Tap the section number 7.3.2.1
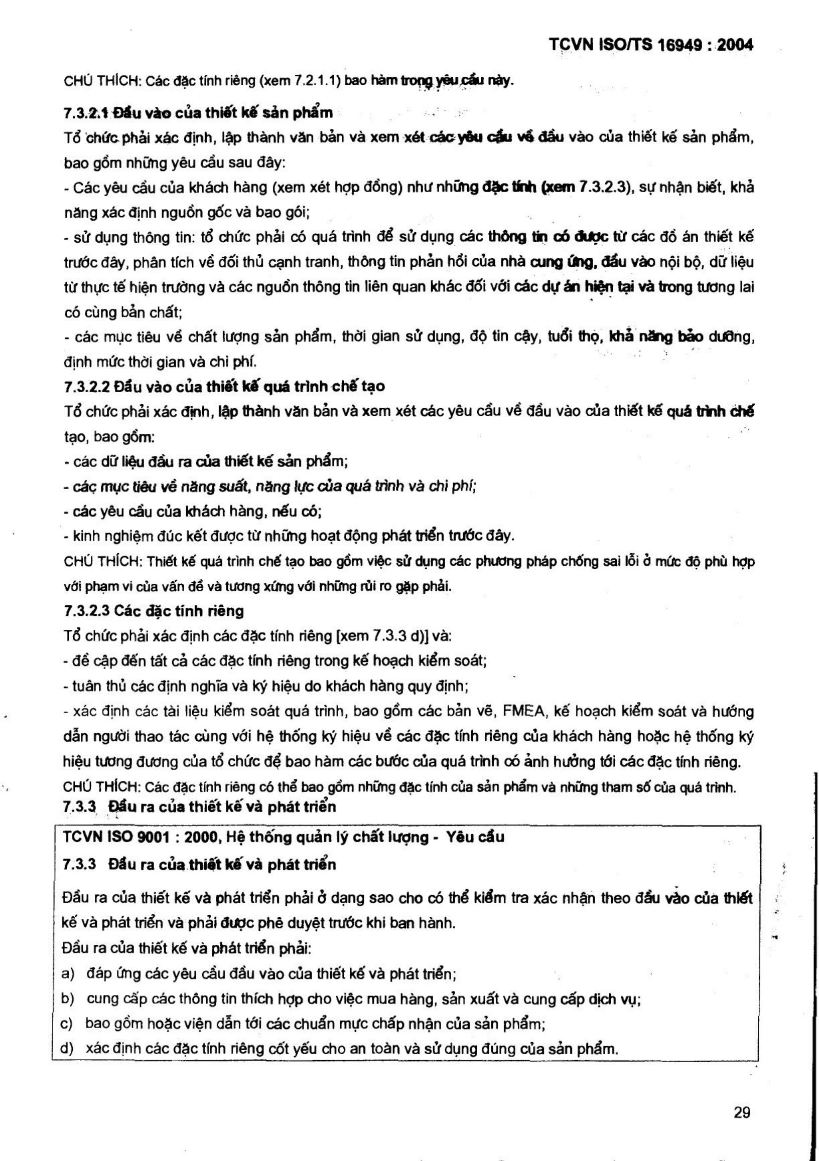[x=86, y=112]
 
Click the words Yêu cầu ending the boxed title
[x=475, y=838]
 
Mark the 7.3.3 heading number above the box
[x=79, y=806]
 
